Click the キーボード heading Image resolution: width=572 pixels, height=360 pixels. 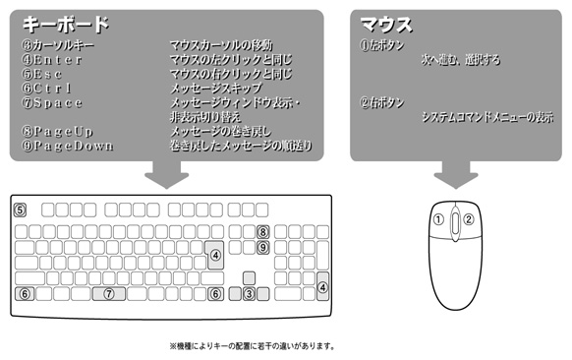[66, 24]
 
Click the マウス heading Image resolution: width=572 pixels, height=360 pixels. [386, 25]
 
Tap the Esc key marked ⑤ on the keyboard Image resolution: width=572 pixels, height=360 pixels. [20, 210]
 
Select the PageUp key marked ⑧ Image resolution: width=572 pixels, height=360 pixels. [263, 232]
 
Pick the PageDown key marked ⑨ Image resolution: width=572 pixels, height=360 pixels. [263, 248]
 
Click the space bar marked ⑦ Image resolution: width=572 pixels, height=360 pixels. [109, 293]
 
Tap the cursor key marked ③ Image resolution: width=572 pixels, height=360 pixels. [250, 293]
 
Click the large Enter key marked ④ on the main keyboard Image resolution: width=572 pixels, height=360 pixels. [215, 255]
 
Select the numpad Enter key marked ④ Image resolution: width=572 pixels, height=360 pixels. [322, 286]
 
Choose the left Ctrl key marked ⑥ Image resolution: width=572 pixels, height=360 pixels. [25, 293]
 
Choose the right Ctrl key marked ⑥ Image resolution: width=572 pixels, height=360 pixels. [215, 293]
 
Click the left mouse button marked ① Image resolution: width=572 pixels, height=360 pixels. [439, 219]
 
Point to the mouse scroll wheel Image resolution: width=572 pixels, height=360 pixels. [456, 222]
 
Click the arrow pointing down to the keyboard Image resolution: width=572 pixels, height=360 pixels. [167, 174]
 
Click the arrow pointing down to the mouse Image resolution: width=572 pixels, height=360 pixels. [456, 174]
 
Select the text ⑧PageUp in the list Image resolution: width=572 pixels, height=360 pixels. [58, 132]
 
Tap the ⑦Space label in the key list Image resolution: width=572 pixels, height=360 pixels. [52, 103]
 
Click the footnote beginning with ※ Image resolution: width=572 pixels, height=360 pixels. [252, 345]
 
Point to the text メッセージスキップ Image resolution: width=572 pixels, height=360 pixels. [216, 89]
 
